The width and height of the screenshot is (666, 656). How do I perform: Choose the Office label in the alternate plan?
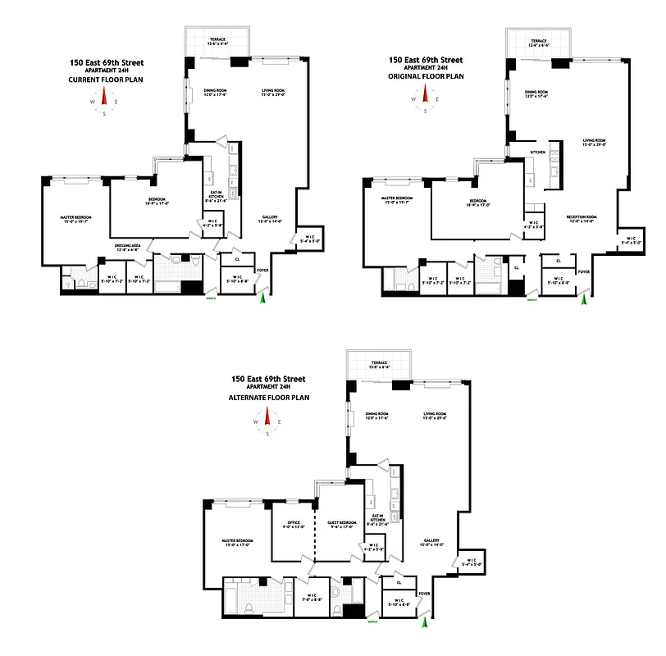coord(294,525)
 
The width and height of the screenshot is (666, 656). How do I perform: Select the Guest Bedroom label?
coord(339,525)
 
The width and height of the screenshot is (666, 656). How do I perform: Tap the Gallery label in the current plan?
coord(270,219)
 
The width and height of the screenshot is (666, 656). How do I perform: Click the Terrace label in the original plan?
coord(538,42)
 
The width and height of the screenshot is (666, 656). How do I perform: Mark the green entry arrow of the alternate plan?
coord(425,624)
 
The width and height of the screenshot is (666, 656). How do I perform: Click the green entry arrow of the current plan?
coord(262,301)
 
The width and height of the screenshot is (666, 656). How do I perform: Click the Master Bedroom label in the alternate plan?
coord(236,542)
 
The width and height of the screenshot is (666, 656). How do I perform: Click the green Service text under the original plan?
coord(531,301)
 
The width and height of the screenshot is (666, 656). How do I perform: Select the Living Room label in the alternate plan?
coord(434,415)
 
